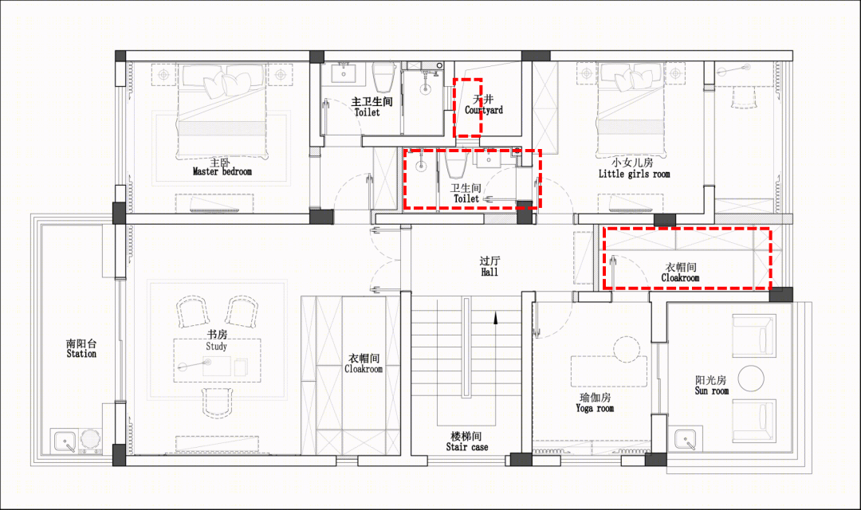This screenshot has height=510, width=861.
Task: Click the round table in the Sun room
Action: pyautogui.click(x=751, y=379)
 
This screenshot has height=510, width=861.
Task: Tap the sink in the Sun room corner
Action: pyautogui.click(x=686, y=438)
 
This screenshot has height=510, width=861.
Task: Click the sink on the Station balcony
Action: pyautogui.click(x=65, y=441)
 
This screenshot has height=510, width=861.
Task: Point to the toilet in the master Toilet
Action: pyautogui.click(x=384, y=76)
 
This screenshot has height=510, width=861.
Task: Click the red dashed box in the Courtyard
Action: pyautogui.click(x=467, y=107)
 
